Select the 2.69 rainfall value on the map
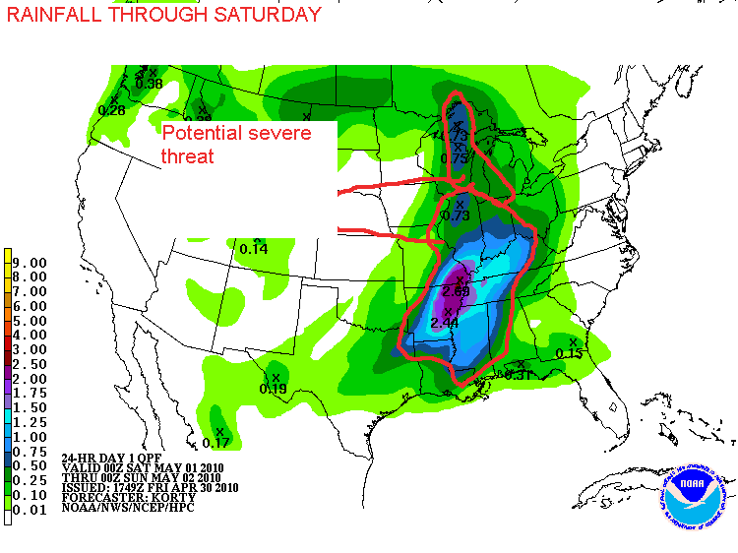click(x=456, y=291)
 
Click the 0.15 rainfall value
click(x=570, y=353)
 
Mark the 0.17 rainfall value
click(x=216, y=443)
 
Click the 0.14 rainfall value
click(x=254, y=249)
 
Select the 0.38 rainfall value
click(x=149, y=84)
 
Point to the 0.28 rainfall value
click(x=111, y=110)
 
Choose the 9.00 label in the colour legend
click(x=32, y=263)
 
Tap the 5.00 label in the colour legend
click(x=32, y=321)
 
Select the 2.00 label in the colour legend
click(x=32, y=379)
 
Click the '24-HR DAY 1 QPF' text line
click(x=109, y=459)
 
